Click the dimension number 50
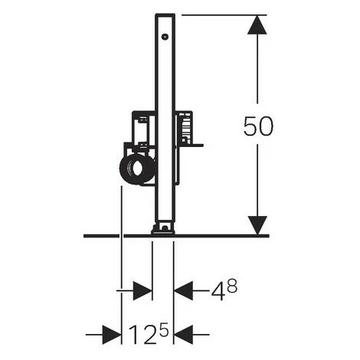(258, 126)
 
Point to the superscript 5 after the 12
(163, 329)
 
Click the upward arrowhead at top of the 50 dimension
(257, 25)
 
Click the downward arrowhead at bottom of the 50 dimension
(257, 225)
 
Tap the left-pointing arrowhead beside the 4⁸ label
(183, 290)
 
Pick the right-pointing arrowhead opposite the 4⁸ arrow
(142, 291)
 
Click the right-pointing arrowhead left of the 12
(112, 334)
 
